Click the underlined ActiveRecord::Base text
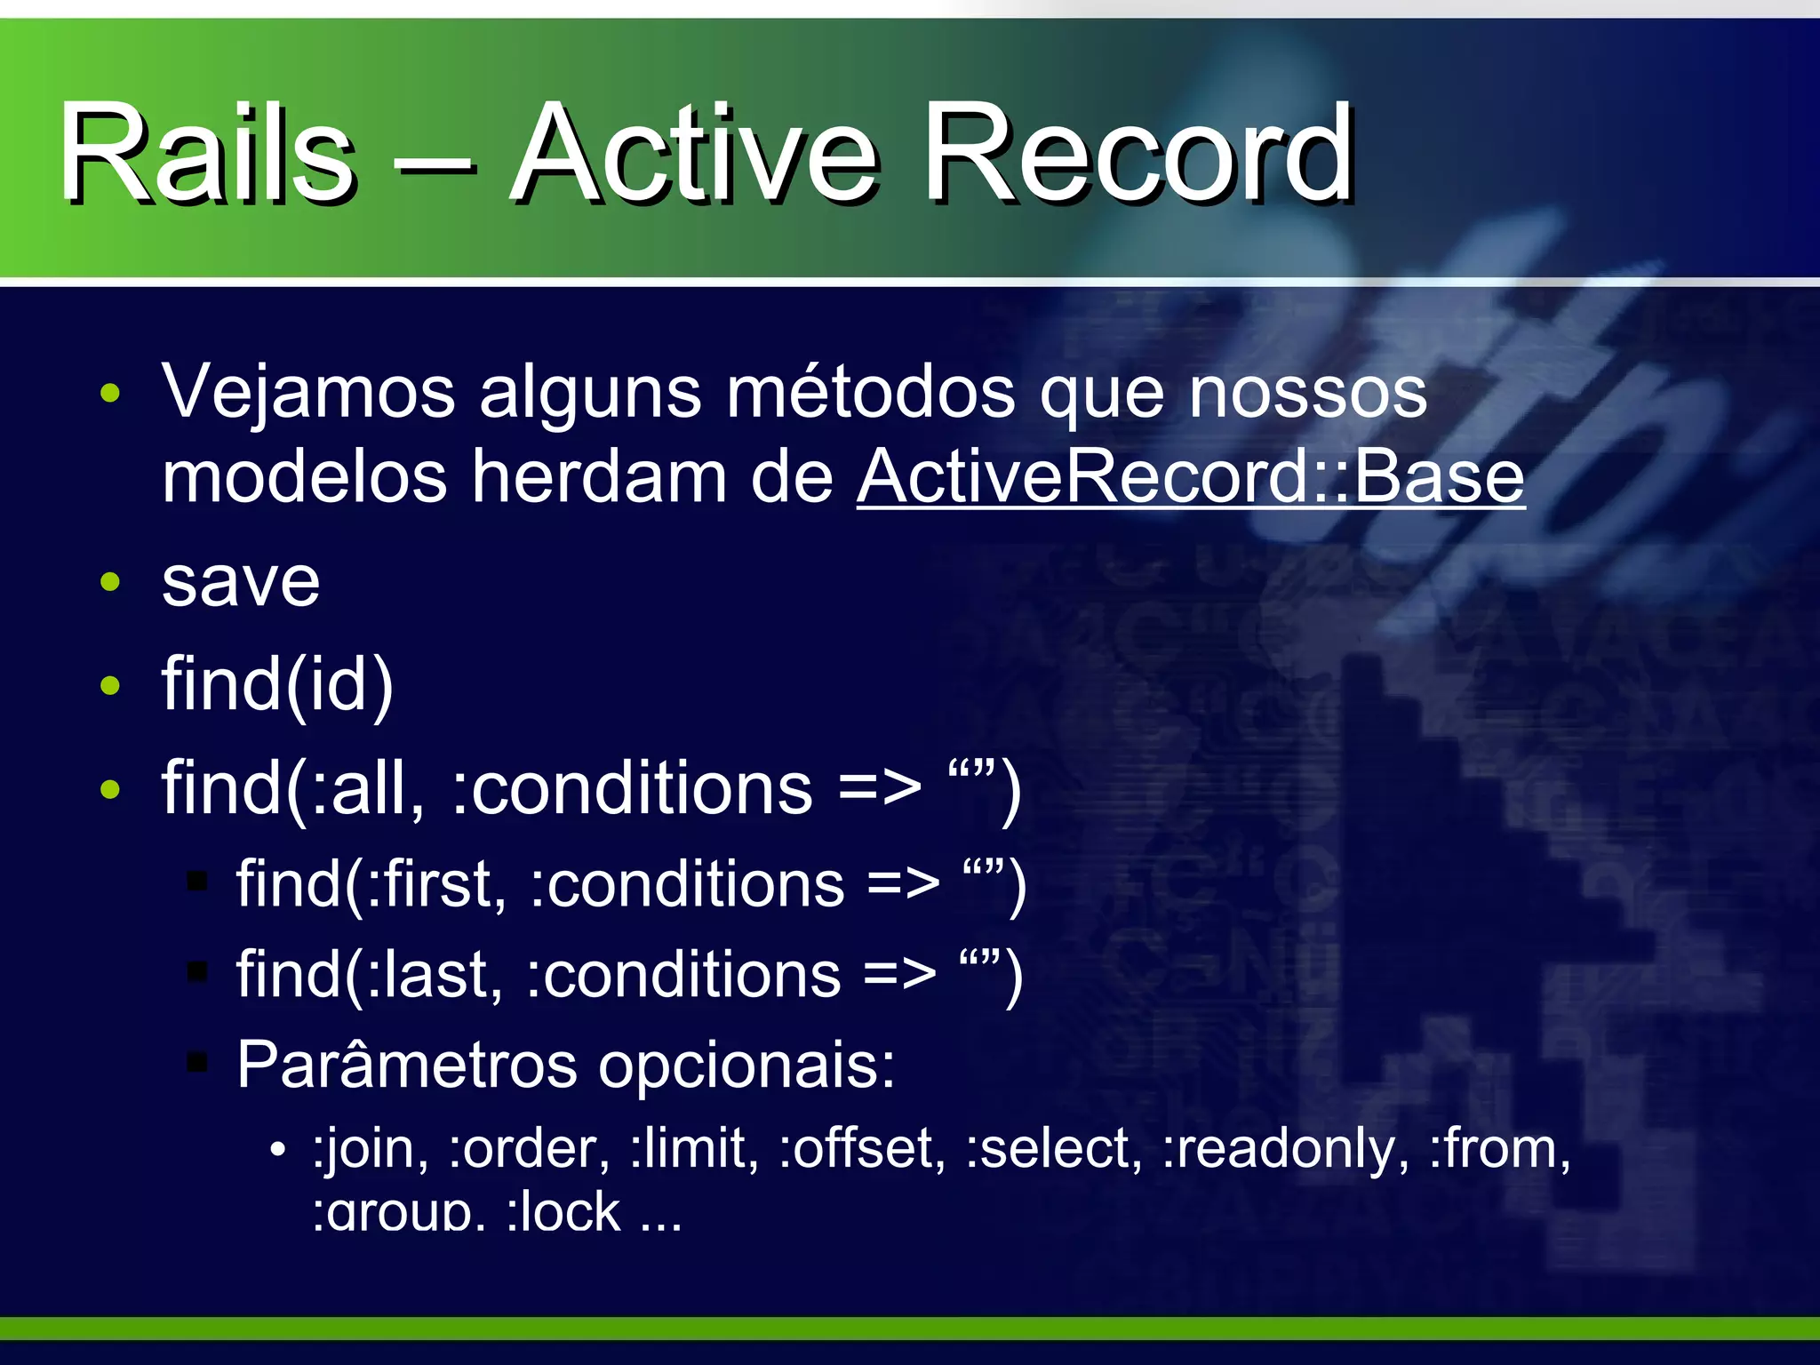1191,477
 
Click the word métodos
871,392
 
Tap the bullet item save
241,583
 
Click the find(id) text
277,685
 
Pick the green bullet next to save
110,583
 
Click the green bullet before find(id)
110,685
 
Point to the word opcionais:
746,1066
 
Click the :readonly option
1285,1148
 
